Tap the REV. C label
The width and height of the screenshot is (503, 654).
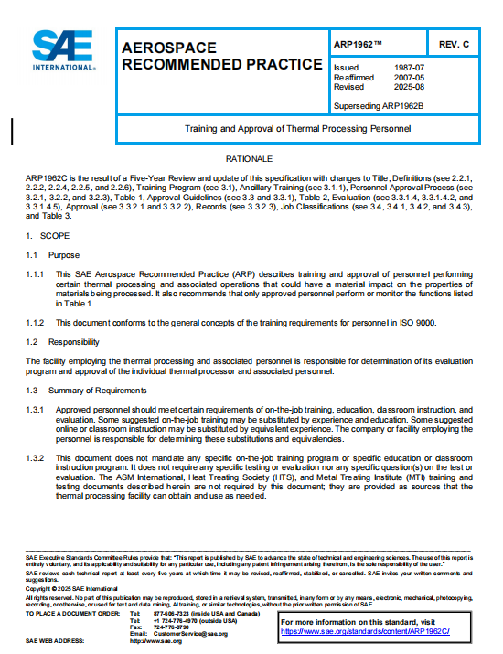(454, 44)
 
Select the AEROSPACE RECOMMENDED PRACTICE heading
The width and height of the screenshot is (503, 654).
(221, 56)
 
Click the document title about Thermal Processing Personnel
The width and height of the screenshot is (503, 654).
(298, 129)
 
